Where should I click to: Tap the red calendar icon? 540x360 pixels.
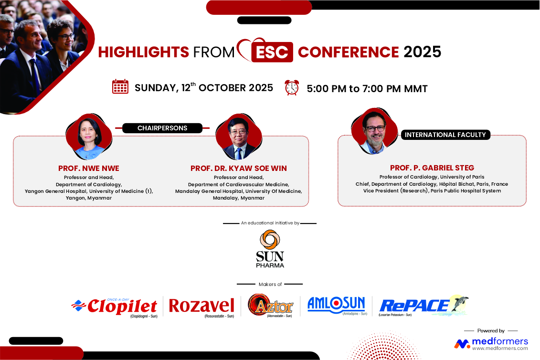120,86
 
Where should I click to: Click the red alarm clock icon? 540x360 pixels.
292,87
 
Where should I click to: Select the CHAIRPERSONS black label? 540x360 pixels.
162,128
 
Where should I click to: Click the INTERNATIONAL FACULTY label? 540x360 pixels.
445,135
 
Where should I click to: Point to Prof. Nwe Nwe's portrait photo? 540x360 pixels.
89,137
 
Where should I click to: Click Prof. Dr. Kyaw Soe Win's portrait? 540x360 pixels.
239,137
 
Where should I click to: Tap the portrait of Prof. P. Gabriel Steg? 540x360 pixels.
374,131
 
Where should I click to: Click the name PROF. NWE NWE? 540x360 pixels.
88,169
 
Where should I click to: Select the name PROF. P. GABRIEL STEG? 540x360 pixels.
432,168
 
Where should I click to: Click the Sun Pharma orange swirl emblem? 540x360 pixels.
270,239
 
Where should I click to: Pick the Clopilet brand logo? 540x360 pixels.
115,307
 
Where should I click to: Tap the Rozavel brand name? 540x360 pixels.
201,306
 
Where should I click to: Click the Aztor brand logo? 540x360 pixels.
270,305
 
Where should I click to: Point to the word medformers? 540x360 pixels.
500,341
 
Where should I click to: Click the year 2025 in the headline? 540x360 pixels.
422,52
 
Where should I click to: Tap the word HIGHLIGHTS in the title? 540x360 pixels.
144,52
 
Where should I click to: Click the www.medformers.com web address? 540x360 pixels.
500,348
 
